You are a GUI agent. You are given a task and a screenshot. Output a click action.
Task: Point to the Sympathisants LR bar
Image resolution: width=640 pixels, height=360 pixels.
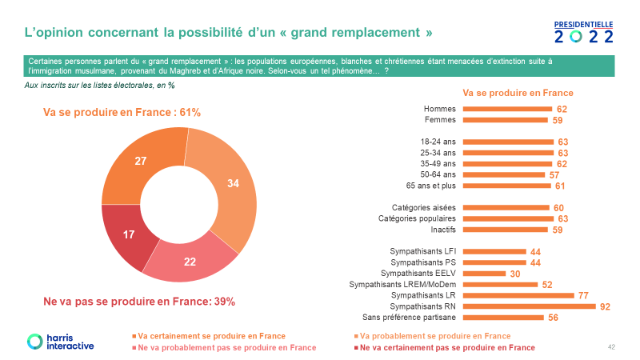pyautogui.click(x=520, y=295)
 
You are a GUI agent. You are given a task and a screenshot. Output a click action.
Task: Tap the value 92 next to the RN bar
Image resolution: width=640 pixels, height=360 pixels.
pyautogui.click(x=605, y=306)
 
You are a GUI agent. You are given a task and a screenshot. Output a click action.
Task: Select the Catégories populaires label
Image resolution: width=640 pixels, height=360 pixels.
pyautogui.click(x=417, y=218)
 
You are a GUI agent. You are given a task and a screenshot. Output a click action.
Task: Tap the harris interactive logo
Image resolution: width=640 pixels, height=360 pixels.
pyautogui.click(x=60, y=341)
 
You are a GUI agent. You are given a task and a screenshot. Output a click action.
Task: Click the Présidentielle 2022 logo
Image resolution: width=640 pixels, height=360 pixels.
pyautogui.click(x=584, y=32)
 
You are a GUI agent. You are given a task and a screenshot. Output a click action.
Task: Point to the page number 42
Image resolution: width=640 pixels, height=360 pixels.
pyautogui.click(x=611, y=346)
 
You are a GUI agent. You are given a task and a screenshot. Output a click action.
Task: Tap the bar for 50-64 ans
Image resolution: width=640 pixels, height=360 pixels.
pyautogui.click(x=506, y=174)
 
